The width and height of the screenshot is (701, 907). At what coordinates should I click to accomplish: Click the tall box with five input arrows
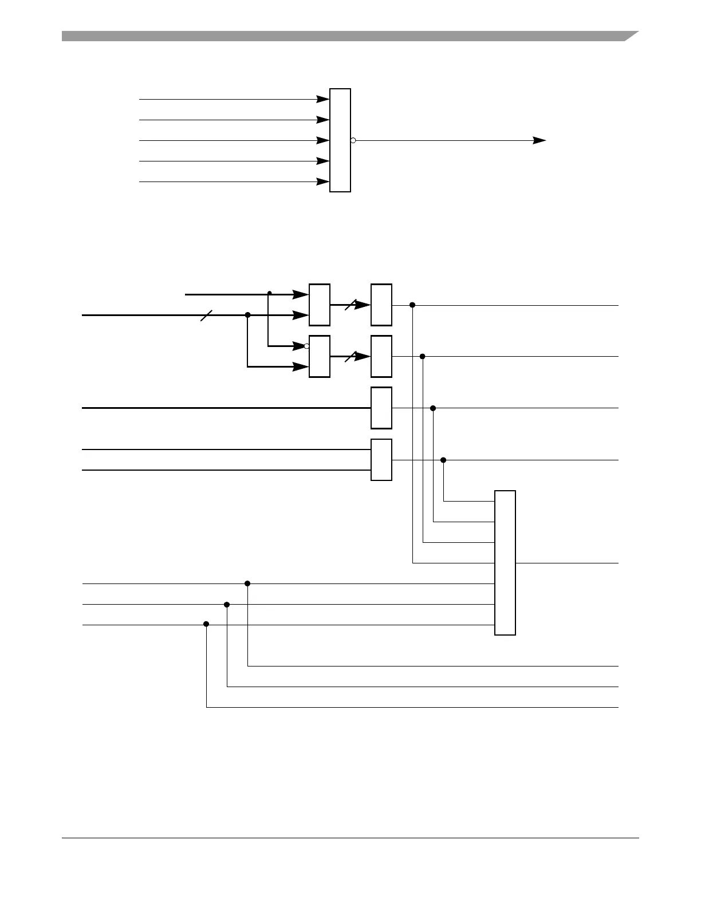click(x=340, y=140)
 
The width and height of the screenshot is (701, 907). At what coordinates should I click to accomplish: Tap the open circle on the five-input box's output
click(x=353, y=140)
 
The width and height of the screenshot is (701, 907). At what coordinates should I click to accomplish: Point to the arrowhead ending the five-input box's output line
click(x=539, y=140)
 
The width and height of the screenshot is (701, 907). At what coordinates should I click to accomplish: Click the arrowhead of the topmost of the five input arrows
click(x=323, y=99)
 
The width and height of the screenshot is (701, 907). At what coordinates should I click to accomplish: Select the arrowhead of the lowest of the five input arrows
click(x=323, y=182)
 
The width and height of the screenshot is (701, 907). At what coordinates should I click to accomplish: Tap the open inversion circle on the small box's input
click(x=306, y=346)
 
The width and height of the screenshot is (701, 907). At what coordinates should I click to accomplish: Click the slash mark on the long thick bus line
click(x=206, y=315)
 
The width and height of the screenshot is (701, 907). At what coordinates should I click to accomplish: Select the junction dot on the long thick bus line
click(x=247, y=315)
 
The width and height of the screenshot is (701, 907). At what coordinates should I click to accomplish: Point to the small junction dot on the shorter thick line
click(x=269, y=293)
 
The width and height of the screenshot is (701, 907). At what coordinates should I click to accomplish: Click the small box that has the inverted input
click(x=320, y=356)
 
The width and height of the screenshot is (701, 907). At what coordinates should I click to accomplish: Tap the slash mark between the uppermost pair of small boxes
click(x=351, y=305)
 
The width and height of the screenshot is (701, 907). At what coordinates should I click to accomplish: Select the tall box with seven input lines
click(x=505, y=563)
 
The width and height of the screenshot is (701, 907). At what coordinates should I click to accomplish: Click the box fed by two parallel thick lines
click(x=381, y=460)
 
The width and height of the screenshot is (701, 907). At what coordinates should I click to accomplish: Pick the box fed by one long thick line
click(x=381, y=408)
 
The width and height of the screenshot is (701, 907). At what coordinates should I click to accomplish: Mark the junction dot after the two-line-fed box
click(x=443, y=460)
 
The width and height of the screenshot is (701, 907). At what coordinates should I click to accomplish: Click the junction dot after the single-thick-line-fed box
click(x=433, y=408)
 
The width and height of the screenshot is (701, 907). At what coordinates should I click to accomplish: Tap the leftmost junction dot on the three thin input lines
click(x=206, y=624)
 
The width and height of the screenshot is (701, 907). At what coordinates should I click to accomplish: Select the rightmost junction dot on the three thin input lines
click(x=247, y=583)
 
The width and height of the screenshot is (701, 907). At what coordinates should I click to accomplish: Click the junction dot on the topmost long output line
click(x=412, y=305)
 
